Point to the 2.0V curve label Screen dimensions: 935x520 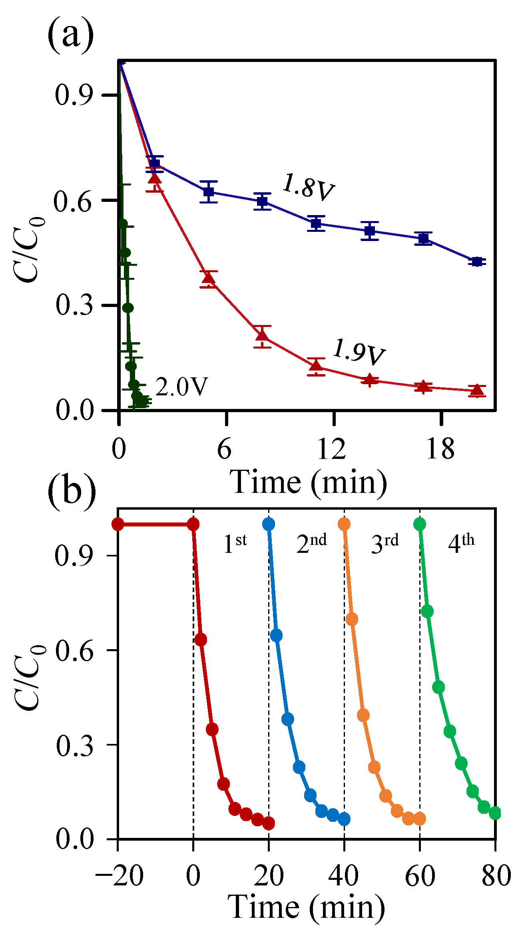tap(181, 387)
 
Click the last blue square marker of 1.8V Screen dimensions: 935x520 tap(476, 262)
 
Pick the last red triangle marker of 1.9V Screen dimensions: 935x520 tap(476, 390)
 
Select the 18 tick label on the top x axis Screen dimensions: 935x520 tap(440, 449)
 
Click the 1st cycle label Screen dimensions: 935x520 tap(235, 544)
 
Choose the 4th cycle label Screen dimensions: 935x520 tap(461, 544)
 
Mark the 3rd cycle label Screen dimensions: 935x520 tap(385, 544)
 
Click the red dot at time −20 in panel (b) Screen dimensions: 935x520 tap(118, 524)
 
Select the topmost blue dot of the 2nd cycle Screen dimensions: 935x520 tap(269, 524)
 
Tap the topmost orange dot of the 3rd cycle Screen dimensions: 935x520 tap(344, 524)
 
